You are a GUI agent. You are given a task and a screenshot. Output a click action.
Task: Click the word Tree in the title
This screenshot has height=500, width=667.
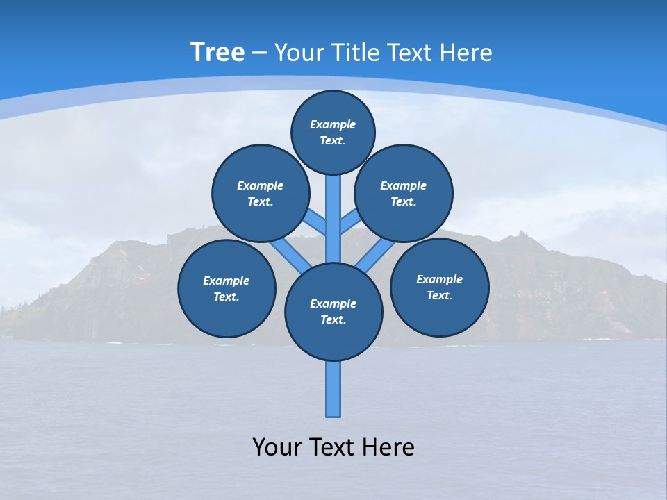click(217, 53)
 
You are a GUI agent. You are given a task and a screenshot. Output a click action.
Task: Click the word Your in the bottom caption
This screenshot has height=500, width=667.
click(277, 447)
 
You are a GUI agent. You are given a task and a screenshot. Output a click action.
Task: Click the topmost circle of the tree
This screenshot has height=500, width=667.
click(333, 132)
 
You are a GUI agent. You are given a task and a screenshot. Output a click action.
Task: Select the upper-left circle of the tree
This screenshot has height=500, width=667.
click(261, 193)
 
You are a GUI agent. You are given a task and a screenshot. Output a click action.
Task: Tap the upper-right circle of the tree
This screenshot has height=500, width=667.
click(404, 193)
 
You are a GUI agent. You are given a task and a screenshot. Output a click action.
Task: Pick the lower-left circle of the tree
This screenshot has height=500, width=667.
click(227, 288)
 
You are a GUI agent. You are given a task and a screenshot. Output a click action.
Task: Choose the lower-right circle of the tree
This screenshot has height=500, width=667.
click(439, 287)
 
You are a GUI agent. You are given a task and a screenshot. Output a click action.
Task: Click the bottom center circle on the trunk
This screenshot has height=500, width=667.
click(333, 312)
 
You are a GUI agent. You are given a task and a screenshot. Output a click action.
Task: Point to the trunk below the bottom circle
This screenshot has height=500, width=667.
click(333, 389)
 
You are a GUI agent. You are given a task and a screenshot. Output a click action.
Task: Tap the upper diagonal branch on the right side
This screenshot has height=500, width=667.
click(351, 222)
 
